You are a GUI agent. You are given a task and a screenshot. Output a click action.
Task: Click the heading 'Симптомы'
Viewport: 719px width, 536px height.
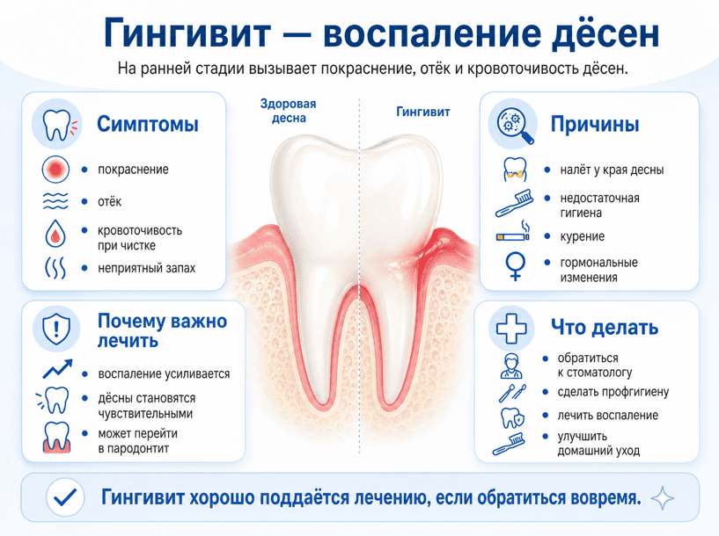tap(148, 124)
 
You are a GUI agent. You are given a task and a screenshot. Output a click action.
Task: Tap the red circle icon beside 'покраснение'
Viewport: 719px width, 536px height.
tap(55, 170)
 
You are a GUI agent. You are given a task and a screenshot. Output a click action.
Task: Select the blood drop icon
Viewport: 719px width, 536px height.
tap(55, 234)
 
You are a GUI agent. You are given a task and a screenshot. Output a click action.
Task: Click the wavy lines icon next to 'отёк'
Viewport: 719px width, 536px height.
tap(55, 201)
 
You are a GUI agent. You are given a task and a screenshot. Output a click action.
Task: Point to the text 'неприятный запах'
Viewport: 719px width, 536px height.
tap(147, 268)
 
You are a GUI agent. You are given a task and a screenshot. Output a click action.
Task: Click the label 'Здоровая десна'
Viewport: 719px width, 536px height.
tap(289, 111)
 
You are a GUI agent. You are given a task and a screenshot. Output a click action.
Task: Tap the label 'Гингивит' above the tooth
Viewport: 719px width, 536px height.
tap(422, 112)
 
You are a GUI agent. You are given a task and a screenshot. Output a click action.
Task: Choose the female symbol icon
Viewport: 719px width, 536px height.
tap(516, 266)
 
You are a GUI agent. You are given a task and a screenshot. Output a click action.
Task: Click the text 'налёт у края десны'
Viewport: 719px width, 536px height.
tap(613, 170)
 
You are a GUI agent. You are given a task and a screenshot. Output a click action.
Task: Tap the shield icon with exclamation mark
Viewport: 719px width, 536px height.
tap(56, 329)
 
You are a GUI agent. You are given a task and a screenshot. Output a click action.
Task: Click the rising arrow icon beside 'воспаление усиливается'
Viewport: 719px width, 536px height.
tap(58, 369)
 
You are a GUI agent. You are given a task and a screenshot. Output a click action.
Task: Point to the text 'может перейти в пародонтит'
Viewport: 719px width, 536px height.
tap(138, 441)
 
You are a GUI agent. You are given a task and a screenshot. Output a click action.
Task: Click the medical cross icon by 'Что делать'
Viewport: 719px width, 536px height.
tap(511, 329)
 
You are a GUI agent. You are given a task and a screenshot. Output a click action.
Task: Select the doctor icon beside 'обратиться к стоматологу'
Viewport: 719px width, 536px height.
tap(511, 366)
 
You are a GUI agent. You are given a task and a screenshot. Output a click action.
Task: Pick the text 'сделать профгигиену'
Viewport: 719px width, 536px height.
tap(613, 392)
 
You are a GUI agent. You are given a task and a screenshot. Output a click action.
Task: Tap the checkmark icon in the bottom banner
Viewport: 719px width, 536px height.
tap(66, 497)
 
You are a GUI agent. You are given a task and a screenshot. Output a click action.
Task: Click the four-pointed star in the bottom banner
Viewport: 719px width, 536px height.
tap(663, 498)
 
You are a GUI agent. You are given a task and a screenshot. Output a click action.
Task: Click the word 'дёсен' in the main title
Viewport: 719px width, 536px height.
tap(605, 33)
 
